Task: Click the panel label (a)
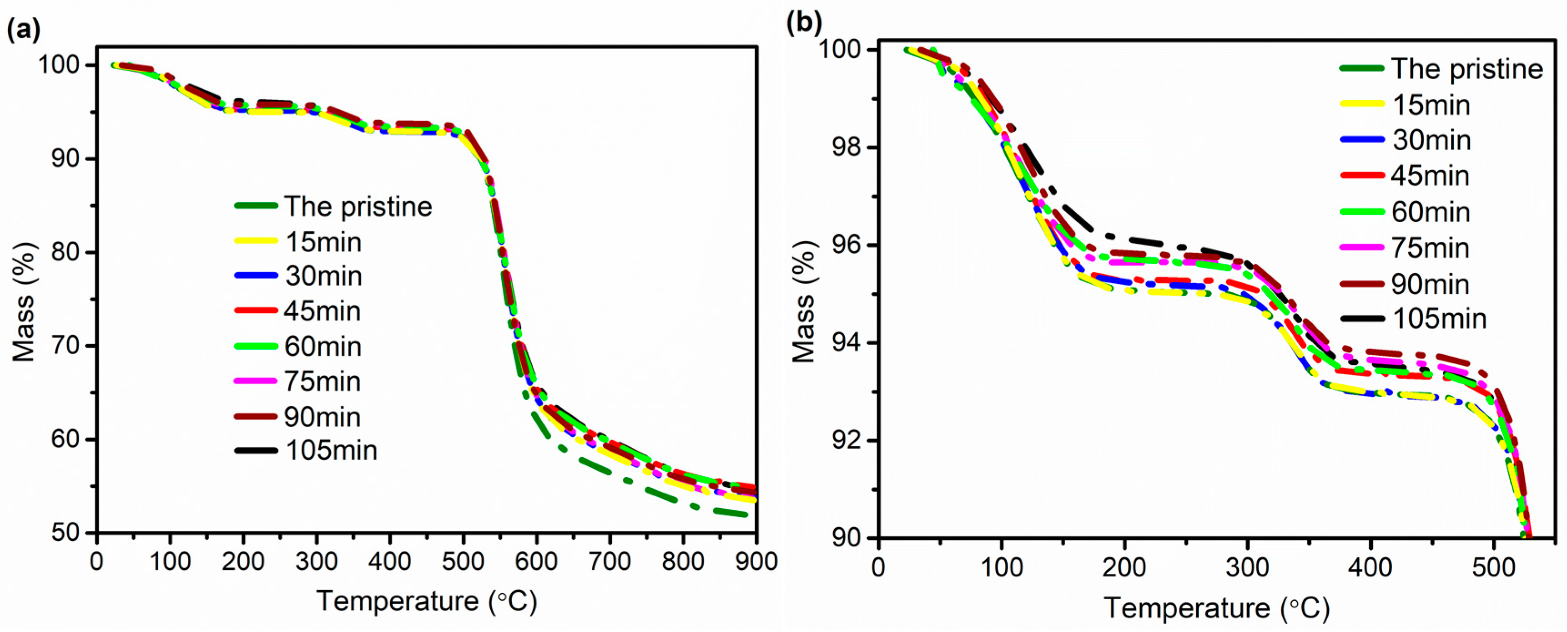[23, 29]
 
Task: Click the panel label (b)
[804, 23]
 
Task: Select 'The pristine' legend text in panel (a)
[358, 207]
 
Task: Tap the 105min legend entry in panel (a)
[331, 451]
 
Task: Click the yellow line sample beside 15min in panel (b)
[1363, 105]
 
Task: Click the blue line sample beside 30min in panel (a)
[256, 276]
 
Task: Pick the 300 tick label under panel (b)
[1247, 567]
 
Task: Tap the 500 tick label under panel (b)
[1493, 567]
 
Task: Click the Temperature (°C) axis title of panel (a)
[426, 601]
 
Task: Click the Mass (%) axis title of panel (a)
[24, 301]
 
